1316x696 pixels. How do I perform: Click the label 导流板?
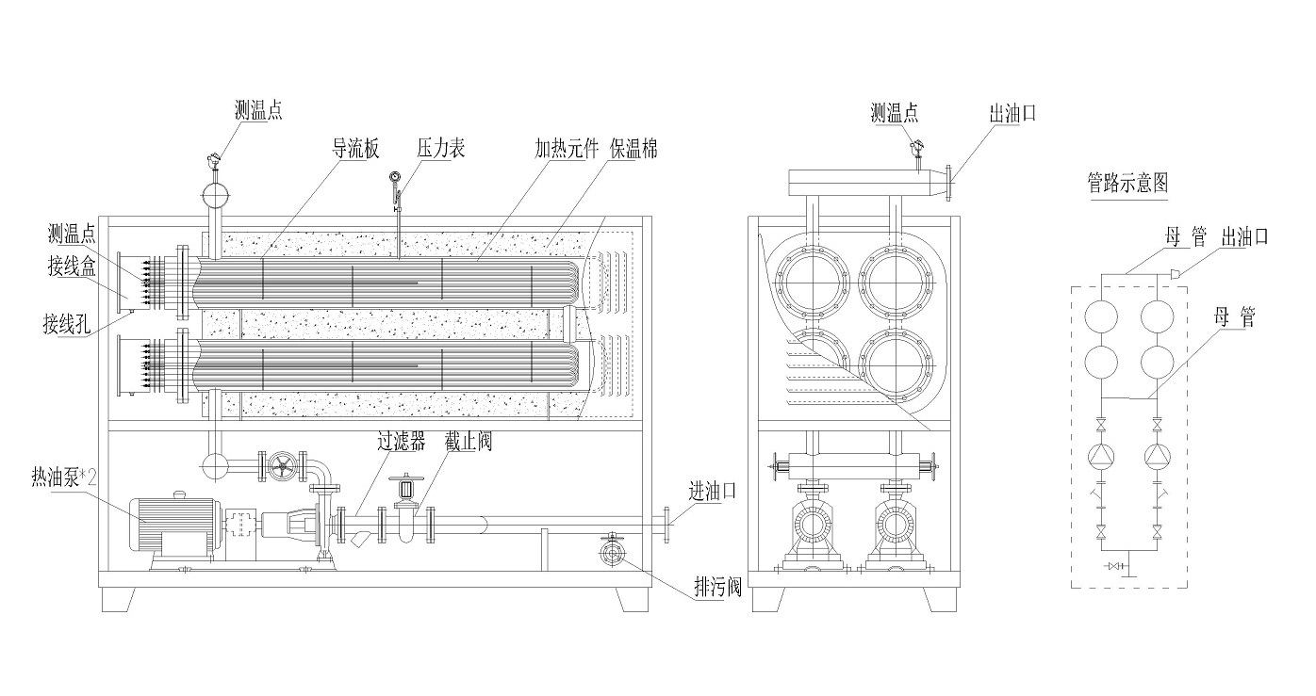click(x=354, y=149)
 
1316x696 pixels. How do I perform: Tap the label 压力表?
click(x=441, y=149)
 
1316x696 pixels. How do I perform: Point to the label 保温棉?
click(x=633, y=149)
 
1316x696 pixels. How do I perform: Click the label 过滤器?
click(x=401, y=441)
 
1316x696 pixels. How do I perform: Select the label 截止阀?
click(x=469, y=441)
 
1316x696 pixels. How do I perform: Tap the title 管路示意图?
click(x=1127, y=183)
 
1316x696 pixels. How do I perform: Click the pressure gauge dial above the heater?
click(x=395, y=177)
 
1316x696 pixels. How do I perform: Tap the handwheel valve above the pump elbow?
click(x=280, y=465)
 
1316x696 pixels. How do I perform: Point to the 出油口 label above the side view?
click(x=1012, y=113)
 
